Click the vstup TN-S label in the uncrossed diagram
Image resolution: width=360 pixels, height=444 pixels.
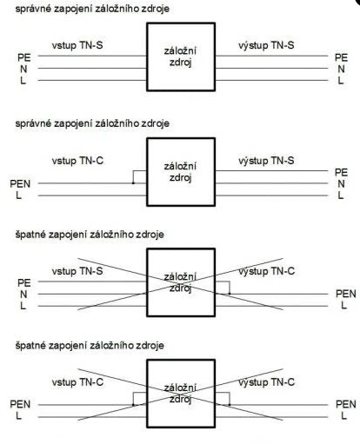[x=77, y=45]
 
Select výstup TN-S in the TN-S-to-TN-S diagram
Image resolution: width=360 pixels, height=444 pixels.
[x=266, y=45]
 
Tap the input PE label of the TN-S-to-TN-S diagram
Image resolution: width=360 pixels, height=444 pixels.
[x=24, y=57]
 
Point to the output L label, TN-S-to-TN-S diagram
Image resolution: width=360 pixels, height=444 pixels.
[x=341, y=81]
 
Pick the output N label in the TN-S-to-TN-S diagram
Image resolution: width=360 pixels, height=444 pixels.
[x=341, y=70]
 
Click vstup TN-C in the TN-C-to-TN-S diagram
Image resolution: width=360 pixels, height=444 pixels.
[x=77, y=161]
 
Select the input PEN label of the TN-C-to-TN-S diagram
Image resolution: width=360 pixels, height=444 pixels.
[x=20, y=183]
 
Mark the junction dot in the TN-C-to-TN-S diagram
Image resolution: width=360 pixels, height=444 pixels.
[x=133, y=183]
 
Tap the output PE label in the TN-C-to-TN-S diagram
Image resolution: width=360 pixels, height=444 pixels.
[x=341, y=172]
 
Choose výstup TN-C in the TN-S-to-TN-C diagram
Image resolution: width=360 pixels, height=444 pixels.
[x=267, y=271]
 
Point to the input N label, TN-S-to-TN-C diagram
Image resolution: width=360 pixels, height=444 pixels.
[x=23, y=295]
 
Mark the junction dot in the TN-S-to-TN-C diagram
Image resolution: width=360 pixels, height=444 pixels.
[x=230, y=294]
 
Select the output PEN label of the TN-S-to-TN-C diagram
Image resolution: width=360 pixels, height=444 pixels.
[x=346, y=294]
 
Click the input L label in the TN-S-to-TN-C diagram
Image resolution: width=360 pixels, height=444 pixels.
[x=23, y=306]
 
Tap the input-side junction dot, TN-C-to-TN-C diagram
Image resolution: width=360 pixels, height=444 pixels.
[x=133, y=405]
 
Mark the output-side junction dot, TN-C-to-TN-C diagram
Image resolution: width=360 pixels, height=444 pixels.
[x=230, y=405]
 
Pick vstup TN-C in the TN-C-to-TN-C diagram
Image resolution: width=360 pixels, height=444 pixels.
[x=77, y=382]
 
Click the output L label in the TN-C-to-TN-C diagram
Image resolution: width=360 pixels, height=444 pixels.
[x=343, y=416]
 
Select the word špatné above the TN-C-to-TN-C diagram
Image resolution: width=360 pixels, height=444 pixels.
[x=30, y=345]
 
